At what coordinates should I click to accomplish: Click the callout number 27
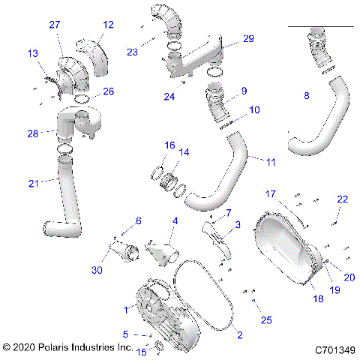(55, 25)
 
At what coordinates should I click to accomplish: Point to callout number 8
(306, 95)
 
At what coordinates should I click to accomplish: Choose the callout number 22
(341, 199)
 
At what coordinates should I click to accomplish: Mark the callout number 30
(97, 271)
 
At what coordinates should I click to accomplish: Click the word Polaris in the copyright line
(54, 349)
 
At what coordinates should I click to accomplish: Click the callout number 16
(170, 145)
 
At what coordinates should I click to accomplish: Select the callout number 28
(33, 133)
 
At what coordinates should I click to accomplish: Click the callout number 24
(170, 96)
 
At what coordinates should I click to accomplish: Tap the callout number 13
(33, 53)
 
